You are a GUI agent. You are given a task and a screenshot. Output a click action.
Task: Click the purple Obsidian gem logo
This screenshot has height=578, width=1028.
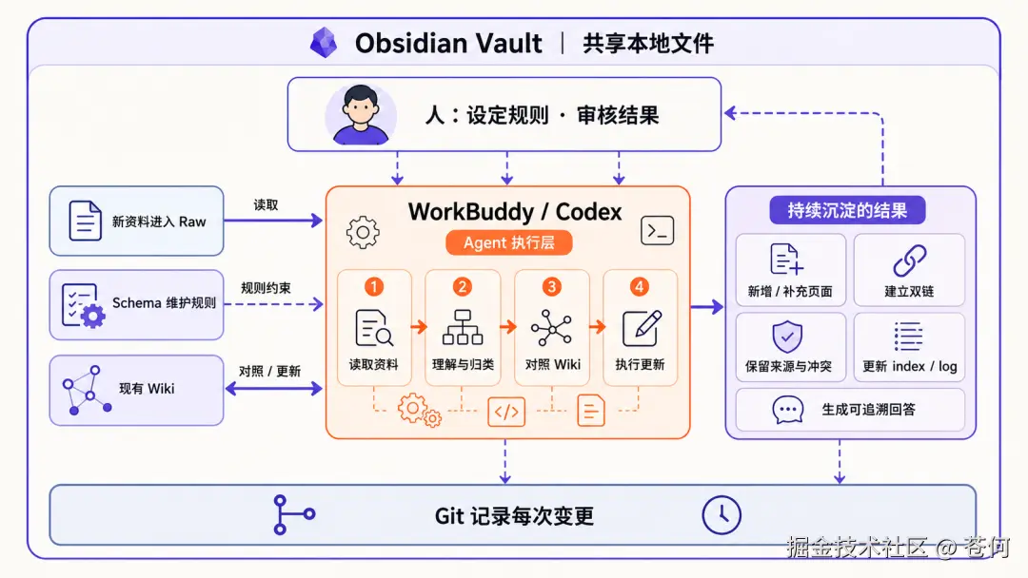click(324, 43)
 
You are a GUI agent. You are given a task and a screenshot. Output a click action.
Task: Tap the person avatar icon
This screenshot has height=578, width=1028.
click(360, 114)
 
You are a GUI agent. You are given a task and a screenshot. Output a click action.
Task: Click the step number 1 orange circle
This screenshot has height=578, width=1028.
click(374, 287)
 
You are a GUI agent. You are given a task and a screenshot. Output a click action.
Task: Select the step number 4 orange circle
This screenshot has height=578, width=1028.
click(640, 287)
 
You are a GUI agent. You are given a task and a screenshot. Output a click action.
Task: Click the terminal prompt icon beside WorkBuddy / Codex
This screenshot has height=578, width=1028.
click(657, 230)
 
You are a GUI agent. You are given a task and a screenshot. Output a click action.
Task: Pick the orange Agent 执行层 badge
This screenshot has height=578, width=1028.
click(508, 242)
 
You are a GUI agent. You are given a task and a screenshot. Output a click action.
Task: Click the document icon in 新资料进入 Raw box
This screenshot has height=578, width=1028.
click(86, 221)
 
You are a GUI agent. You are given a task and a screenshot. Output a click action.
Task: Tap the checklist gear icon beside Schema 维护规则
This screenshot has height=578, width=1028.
click(83, 306)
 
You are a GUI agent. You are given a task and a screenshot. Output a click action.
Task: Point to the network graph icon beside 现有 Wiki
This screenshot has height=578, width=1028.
click(87, 390)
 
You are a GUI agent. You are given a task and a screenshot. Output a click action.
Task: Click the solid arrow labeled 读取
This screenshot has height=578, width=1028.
click(273, 221)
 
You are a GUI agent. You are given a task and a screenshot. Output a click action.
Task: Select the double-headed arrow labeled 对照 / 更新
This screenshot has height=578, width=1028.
click(274, 389)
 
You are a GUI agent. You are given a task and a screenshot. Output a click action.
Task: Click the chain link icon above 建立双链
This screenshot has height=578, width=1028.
click(910, 260)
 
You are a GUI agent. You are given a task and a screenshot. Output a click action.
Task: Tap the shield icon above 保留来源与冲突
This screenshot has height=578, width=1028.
click(787, 337)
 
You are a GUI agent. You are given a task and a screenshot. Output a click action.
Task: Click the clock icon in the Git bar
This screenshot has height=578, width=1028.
click(722, 515)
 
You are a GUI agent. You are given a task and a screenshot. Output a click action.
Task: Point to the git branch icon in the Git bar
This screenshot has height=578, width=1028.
click(293, 514)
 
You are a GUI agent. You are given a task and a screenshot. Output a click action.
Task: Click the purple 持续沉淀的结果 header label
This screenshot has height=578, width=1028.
click(847, 210)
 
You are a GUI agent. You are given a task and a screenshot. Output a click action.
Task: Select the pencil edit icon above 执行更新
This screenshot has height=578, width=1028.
click(642, 327)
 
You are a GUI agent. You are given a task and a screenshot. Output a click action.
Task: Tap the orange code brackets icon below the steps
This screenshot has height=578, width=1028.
click(506, 412)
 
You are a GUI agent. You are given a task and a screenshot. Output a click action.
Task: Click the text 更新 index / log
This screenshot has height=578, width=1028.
click(909, 366)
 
